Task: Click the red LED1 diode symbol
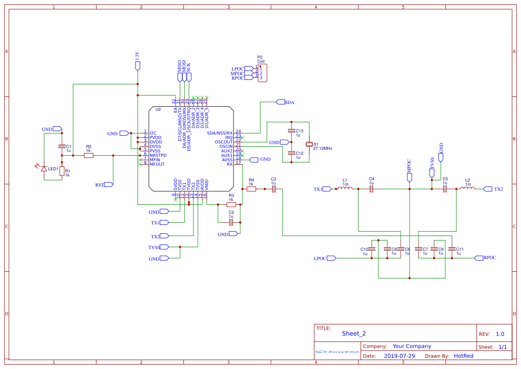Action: [x=44, y=169]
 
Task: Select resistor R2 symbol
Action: [x=89, y=155]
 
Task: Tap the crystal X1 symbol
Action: [x=309, y=145]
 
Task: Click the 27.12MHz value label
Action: [x=323, y=149]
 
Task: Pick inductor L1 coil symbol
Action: [x=345, y=188]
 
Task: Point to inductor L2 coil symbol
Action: [x=468, y=188]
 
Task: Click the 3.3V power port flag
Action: [x=138, y=66]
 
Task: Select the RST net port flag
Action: [x=108, y=184]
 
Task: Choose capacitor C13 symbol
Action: [x=291, y=131]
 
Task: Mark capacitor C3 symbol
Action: [x=274, y=189]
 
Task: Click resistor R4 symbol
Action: [x=251, y=189]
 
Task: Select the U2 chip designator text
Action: [x=158, y=109]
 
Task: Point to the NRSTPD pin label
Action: [x=158, y=155]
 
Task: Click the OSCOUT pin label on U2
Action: [x=223, y=142]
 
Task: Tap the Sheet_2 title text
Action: [x=354, y=333]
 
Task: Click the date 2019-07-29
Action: [x=399, y=356]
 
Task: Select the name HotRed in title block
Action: [x=464, y=356]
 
